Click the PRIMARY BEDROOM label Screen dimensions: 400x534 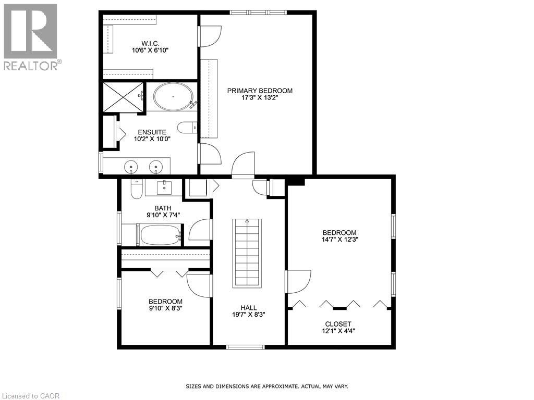coord(260,91)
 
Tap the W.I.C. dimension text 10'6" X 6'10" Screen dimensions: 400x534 coord(150,51)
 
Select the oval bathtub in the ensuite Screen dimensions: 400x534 coord(173,96)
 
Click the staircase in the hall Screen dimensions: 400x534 coord(247,253)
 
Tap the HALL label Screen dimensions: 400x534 coord(249,308)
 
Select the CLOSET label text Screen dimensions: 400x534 coord(338,324)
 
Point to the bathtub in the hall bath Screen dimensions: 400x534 coord(159,235)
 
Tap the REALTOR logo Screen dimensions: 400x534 coord(31,37)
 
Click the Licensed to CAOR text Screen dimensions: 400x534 coord(31,396)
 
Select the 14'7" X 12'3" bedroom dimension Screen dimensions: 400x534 coord(339,240)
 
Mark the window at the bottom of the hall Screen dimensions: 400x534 coord(246,347)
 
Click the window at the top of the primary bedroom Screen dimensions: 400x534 coord(259,12)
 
